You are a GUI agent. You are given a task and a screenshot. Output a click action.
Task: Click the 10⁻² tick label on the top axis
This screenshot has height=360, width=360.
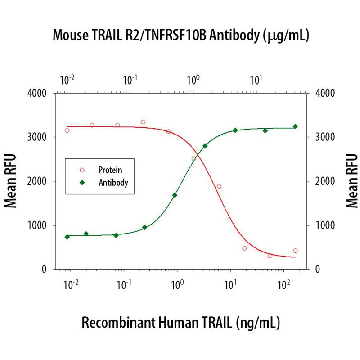click(x=67, y=81)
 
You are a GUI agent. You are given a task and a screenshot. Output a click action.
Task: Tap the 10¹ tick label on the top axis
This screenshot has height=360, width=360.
click(x=256, y=81)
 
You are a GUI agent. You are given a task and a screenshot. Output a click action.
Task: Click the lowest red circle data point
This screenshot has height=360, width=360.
click(x=270, y=256)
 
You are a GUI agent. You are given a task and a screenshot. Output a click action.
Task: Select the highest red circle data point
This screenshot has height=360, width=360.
click(x=143, y=122)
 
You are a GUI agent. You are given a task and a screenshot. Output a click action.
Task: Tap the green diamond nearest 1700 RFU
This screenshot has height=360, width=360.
click(x=175, y=195)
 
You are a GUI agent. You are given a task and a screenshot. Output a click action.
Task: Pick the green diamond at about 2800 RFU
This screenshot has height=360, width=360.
click(x=205, y=146)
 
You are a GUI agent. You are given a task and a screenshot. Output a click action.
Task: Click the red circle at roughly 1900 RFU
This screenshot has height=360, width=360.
click(x=219, y=186)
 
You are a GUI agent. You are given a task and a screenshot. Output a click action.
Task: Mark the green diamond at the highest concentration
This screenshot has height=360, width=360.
click(x=295, y=126)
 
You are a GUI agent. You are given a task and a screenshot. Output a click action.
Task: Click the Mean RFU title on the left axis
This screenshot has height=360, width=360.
click(x=12, y=181)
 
